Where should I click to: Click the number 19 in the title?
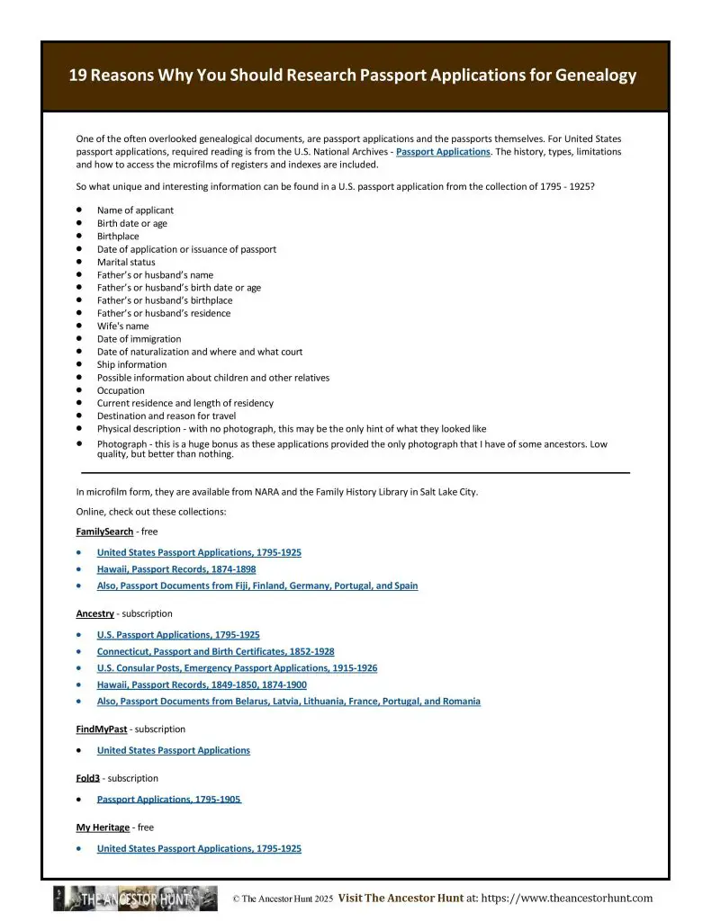pos(79,76)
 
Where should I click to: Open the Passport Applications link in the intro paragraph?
pos(443,152)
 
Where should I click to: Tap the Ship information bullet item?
pos(131,365)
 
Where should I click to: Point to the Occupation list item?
pos(121,390)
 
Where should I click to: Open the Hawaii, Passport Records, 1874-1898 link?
pos(176,569)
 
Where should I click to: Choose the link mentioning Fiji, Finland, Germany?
pos(257,586)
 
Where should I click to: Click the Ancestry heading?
pos(95,613)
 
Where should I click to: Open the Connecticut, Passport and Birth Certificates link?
pos(215,651)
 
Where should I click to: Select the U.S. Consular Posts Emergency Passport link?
pos(237,668)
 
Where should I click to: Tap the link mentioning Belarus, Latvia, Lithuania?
pos(288,702)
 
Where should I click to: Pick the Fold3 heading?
pos(87,778)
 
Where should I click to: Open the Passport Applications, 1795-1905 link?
pos(168,800)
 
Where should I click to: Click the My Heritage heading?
pos(103,827)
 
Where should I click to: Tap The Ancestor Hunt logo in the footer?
pos(135,899)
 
